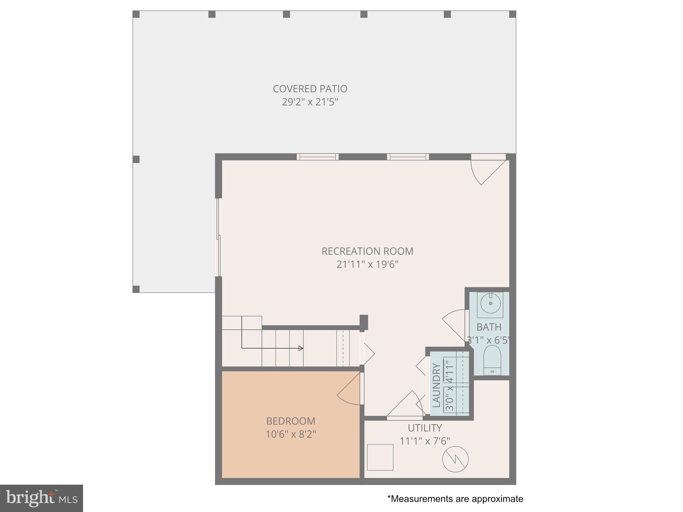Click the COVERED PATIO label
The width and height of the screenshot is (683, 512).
[x=310, y=89]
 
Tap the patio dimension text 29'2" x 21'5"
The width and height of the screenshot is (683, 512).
[x=310, y=102]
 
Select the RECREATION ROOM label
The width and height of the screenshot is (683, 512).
[x=367, y=251]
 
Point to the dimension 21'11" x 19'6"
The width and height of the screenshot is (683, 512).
[x=367, y=265]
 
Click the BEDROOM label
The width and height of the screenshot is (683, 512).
[x=290, y=421]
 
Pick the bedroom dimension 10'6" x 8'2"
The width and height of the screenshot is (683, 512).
[x=290, y=434]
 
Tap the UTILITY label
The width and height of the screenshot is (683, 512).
[x=425, y=428]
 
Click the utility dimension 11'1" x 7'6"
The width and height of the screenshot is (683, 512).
[x=425, y=441]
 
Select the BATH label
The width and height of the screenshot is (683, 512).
[x=489, y=327]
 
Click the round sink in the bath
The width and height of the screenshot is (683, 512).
[x=491, y=303]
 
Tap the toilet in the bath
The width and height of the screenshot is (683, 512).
[x=492, y=360]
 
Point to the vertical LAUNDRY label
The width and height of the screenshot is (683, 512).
[x=436, y=385]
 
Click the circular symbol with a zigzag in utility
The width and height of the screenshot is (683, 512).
[x=455, y=459]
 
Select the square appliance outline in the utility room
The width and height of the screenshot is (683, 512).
[x=380, y=457]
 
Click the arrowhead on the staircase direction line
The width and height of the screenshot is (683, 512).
[x=301, y=348]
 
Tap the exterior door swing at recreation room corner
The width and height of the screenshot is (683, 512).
[x=485, y=172]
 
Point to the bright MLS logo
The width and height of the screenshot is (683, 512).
[x=41, y=498]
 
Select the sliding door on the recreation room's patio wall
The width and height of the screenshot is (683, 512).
[x=219, y=237]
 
